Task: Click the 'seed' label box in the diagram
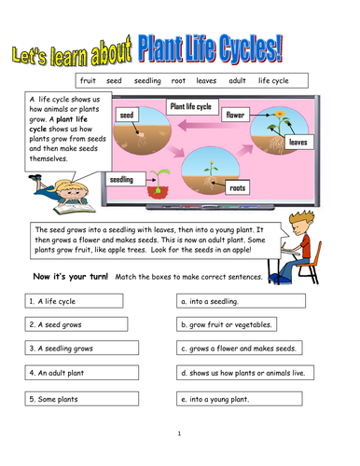pos(127,114)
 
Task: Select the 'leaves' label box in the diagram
pos(298,143)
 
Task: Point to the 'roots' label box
pos(238,186)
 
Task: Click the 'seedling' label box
pos(122,179)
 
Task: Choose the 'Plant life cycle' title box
pos(190,108)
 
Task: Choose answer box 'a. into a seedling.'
pos(245,301)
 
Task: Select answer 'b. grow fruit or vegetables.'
pos(245,325)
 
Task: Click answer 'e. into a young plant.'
pos(245,398)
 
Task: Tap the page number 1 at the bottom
pos(179,433)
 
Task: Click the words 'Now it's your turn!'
pos(70,277)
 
